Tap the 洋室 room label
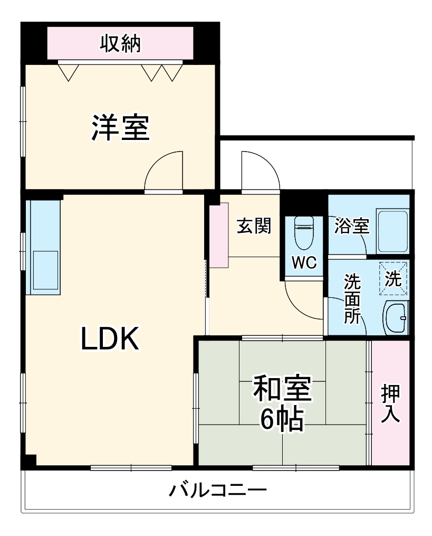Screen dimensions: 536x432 (121, 128)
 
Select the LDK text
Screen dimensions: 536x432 (110, 338)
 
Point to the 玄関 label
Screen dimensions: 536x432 (253, 226)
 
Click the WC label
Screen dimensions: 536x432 (304, 263)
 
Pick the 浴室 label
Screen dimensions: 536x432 (351, 226)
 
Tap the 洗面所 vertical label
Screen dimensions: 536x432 (352, 298)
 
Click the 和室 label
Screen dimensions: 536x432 (282, 390)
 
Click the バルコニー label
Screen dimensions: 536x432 (217, 491)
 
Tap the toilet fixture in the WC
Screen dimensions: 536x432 (304, 233)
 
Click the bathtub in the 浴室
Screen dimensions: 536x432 (392, 230)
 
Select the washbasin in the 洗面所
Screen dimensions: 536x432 (395, 317)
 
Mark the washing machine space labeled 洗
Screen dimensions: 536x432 (393, 277)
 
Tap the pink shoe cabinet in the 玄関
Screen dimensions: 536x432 (217, 236)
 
